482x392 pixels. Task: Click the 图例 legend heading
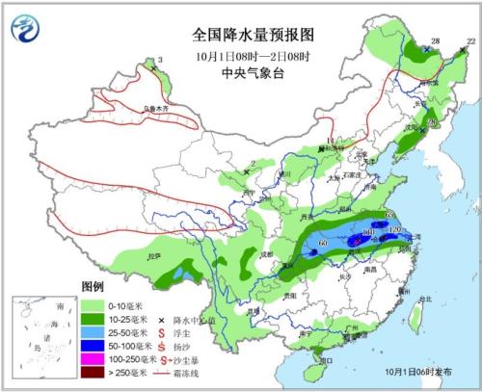click(92, 288)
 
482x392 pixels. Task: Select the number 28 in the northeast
click(435, 40)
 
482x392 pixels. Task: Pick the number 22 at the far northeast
click(469, 41)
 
